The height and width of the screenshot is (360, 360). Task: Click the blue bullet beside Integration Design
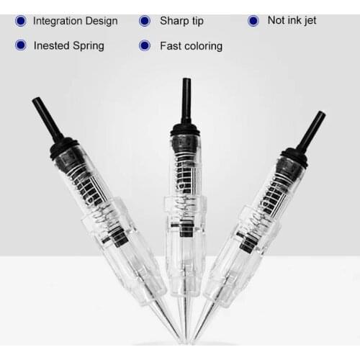coord(20,21)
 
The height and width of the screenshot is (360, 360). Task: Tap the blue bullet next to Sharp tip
coord(144,21)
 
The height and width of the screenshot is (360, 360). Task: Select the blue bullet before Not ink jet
coord(253,21)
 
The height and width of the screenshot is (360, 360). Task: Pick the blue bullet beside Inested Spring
coord(20,45)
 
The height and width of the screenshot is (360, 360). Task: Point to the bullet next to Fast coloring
coord(144,45)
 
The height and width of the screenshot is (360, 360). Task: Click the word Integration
coord(61,21)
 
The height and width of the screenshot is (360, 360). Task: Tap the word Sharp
coord(174,21)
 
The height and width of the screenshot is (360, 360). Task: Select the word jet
coord(307,21)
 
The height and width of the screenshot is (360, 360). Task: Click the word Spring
coord(90,45)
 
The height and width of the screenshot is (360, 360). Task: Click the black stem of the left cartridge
coord(46,120)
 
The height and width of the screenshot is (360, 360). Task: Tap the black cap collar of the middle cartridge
coord(185,129)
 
